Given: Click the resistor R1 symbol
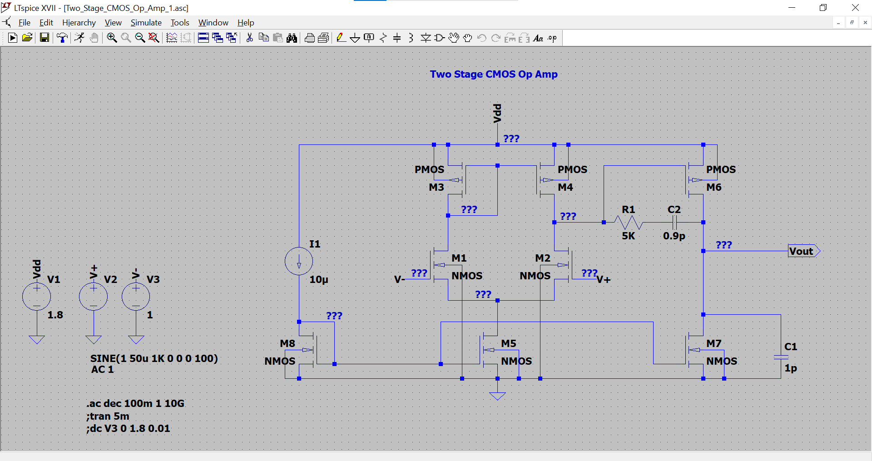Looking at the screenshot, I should pos(628,223).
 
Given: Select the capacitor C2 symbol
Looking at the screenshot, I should pos(674,223).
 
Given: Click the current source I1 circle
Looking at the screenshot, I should pos(299,261).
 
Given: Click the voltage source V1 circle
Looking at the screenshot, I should pos(37,297).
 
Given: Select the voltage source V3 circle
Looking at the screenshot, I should pos(136,297).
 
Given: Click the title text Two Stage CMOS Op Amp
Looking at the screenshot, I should pos(494,74).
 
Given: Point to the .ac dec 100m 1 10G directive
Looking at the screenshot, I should pos(135,403).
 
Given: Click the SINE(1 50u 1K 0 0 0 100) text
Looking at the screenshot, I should pos(154,358).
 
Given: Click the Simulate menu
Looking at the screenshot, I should pos(146,23).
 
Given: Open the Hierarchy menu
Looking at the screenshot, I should pos(79,23).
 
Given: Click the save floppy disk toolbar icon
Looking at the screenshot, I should pos(44,38).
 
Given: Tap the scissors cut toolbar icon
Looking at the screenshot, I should pos(249,38).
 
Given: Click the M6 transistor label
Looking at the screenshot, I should pos(713,187).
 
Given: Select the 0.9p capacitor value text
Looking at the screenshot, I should pos(674,236).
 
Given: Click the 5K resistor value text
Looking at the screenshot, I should pos(628,236).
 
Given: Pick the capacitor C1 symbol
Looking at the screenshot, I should pos(781,357).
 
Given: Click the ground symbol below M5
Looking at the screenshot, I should pos(497,396).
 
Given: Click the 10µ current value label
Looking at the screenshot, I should pos(318,279).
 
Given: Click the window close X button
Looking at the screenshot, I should pos(855,8).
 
